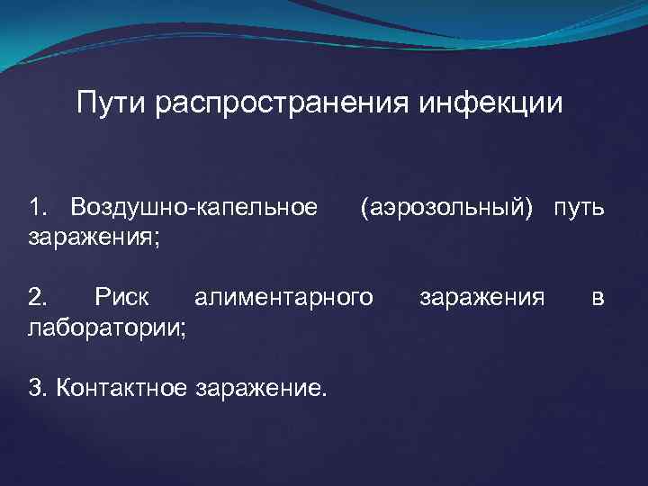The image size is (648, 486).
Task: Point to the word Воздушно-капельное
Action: click(194, 209)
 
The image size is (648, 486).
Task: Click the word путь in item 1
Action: click(579, 209)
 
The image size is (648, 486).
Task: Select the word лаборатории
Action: click(104, 325)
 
